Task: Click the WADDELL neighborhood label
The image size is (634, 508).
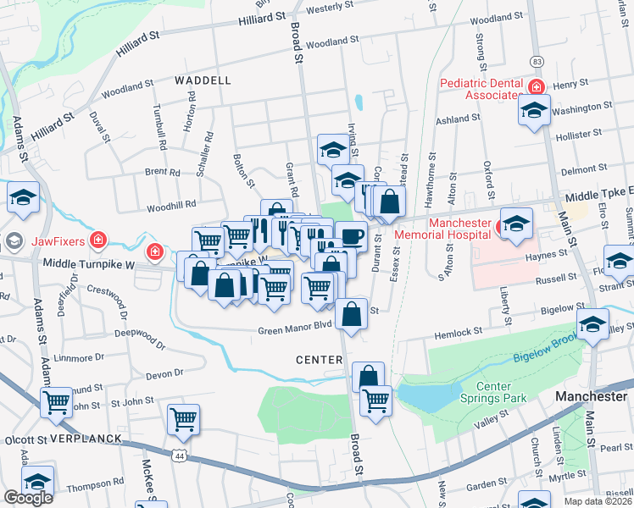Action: point(203,80)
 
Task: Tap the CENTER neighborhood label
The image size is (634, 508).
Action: point(319,360)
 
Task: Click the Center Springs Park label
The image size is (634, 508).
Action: point(493,392)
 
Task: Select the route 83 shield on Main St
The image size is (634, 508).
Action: point(537,62)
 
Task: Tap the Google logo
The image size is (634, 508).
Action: point(28,498)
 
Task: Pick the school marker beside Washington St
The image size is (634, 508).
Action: point(534,109)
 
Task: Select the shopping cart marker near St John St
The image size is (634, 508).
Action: point(183,417)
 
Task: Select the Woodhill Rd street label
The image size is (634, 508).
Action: point(171,204)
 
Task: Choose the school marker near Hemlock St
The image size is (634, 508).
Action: point(592,324)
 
